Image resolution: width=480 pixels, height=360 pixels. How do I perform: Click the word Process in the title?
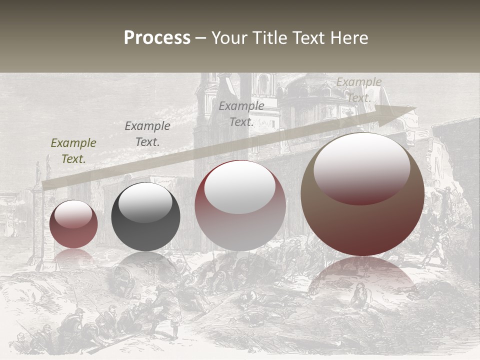[x=157, y=38]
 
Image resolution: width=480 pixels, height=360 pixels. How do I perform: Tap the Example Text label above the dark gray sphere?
[x=147, y=134]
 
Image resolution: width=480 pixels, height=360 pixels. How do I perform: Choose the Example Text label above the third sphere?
[x=241, y=114]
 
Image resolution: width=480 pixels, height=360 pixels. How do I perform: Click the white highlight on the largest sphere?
[x=361, y=169]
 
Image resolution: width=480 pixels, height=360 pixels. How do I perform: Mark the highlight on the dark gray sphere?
[x=145, y=202]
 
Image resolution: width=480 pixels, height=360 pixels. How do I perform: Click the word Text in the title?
[x=309, y=38]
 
